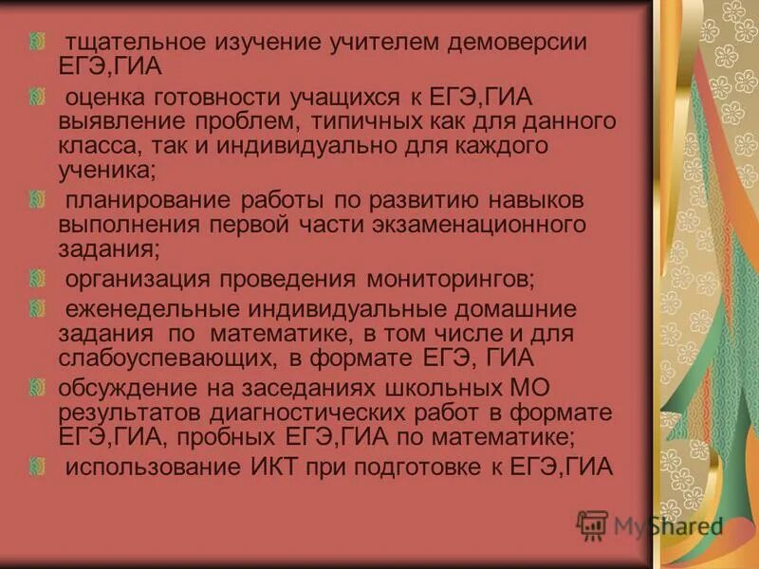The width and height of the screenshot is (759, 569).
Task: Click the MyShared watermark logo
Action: click(650, 526)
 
